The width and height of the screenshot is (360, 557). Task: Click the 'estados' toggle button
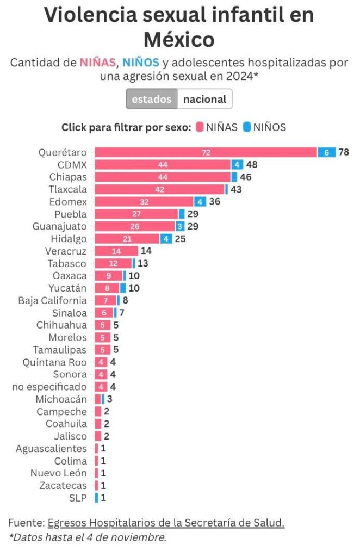pos(151,99)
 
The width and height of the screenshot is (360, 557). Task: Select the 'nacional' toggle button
pos(204,99)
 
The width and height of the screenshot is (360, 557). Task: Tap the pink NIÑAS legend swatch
pos(200,127)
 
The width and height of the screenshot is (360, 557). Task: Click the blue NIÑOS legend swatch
pos(247,127)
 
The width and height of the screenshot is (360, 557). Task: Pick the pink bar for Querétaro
pos(206,153)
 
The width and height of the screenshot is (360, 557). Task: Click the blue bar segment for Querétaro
pos(326,153)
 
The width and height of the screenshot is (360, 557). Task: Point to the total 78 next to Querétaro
pos(344,153)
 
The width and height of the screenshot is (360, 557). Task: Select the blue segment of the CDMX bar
pos(237,165)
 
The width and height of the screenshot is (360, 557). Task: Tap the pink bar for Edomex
pos(144,202)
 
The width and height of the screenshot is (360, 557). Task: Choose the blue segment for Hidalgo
pos(166,239)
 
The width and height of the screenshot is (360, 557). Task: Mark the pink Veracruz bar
pos(116,251)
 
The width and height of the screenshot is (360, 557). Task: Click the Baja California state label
pos(52,300)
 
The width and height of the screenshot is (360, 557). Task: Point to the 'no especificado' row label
pos(49,387)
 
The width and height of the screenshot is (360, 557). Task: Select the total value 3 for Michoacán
pos(109,399)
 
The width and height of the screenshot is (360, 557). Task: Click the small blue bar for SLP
pos(97,498)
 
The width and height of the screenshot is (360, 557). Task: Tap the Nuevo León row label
pos(58,473)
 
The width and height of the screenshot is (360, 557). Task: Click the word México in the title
pos(179,39)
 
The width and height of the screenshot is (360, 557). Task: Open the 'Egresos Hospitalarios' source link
pos(166,523)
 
